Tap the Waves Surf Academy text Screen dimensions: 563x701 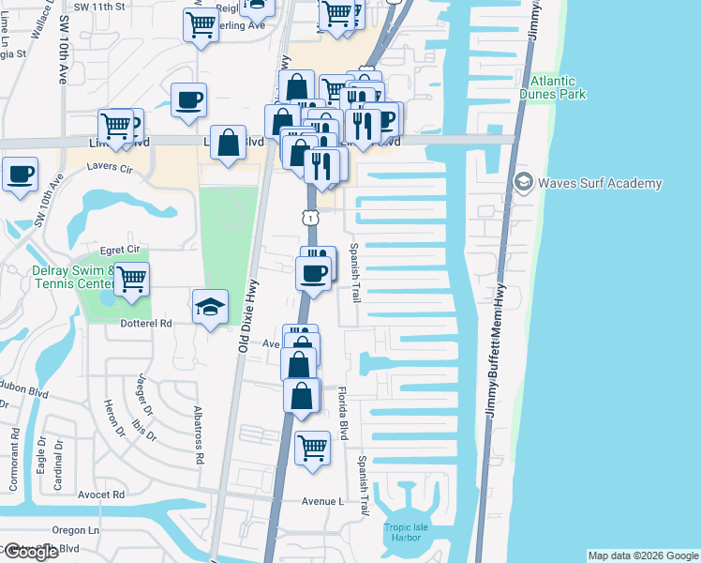point(600,183)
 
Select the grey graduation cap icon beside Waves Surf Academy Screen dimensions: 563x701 point(523,182)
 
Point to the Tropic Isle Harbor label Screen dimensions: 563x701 point(406,533)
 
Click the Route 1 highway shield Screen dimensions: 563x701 point(308,218)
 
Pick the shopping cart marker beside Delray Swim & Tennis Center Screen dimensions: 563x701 point(132,278)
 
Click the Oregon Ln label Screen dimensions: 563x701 point(81,530)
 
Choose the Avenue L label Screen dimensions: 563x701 point(323,502)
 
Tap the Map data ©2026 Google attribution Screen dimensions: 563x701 point(643,555)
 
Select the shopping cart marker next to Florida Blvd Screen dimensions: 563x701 point(313,447)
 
